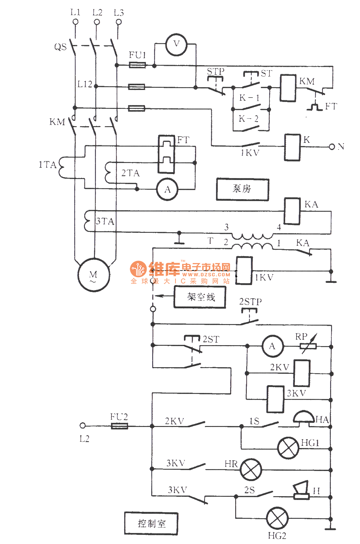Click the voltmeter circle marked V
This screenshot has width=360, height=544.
[176, 45]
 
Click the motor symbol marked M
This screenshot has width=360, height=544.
[94, 275]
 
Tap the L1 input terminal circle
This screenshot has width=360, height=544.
[75, 22]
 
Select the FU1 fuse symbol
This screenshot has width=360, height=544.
[137, 65]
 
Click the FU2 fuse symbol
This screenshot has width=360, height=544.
[119, 426]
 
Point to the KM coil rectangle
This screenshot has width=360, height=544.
[288, 88]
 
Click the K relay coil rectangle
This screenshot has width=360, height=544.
[292, 147]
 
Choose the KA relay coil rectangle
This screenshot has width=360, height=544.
[292, 211]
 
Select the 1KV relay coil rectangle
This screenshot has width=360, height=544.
[244, 271]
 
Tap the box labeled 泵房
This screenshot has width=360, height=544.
[242, 189]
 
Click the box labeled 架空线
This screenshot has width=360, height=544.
[200, 297]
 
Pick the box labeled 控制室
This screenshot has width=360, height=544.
[151, 524]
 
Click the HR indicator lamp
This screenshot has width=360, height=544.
[251, 469]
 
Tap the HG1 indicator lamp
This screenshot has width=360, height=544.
[288, 448]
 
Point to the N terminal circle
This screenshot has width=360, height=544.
[331, 147]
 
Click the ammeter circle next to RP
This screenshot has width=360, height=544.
[273, 346]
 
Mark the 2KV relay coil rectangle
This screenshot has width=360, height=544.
[302, 373]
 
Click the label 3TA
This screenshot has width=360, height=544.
[105, 222]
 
